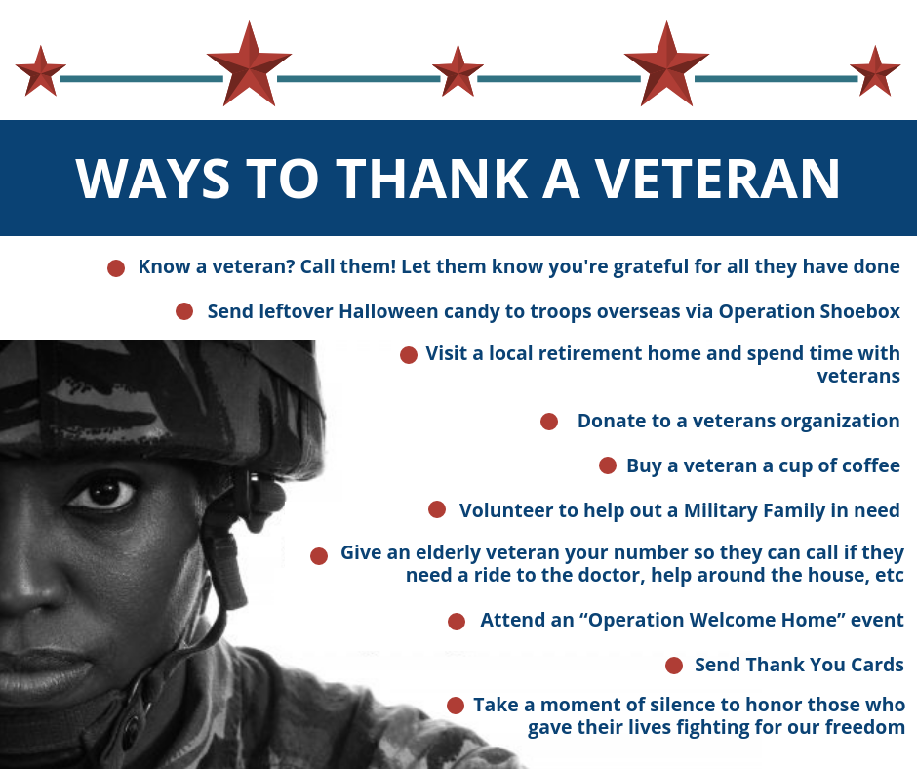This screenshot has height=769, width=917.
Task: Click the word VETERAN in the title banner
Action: [x=718, y=179]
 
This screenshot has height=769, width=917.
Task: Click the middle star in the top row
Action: [x=458, y=71]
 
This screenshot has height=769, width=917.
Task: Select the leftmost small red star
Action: [x=40, y=71]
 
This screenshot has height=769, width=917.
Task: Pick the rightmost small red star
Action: [x=875, y=71]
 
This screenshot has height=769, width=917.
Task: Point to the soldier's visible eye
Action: [x=102, y=493]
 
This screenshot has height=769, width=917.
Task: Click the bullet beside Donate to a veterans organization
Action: [x=549, y=422]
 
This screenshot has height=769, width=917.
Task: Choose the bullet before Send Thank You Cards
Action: [x=674, y=666]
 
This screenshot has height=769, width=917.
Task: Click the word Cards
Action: [x=877, y=665]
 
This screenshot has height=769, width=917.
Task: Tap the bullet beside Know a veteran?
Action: [x=116, y=268]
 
